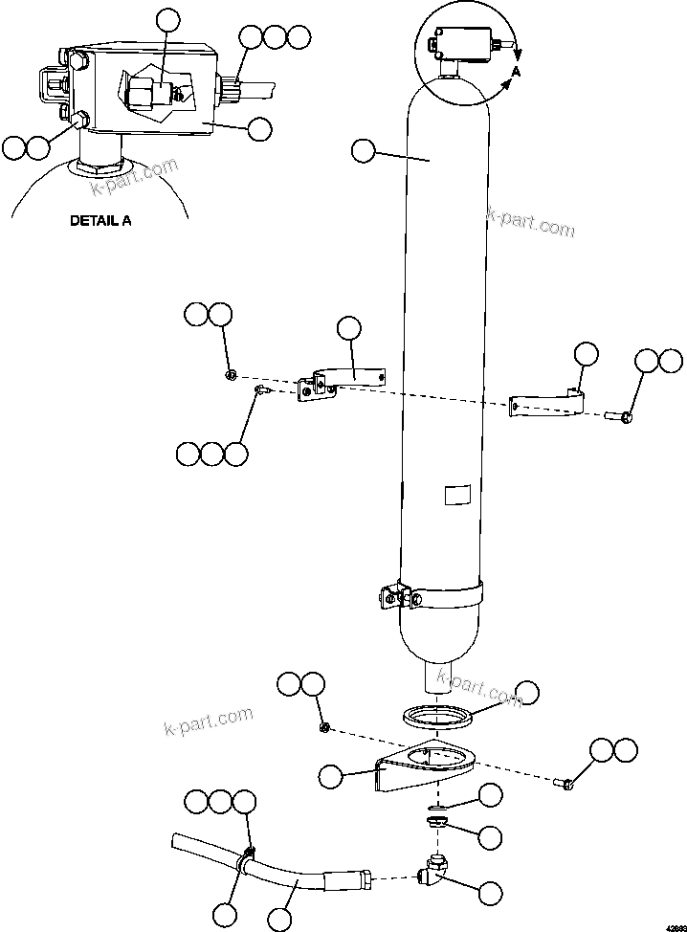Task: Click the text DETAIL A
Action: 100,220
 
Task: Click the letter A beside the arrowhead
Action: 516,72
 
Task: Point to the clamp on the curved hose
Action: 248,854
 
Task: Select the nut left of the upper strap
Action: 231,374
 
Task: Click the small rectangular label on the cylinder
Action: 457,496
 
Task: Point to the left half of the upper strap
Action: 344,378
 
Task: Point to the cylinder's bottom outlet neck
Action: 437,677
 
